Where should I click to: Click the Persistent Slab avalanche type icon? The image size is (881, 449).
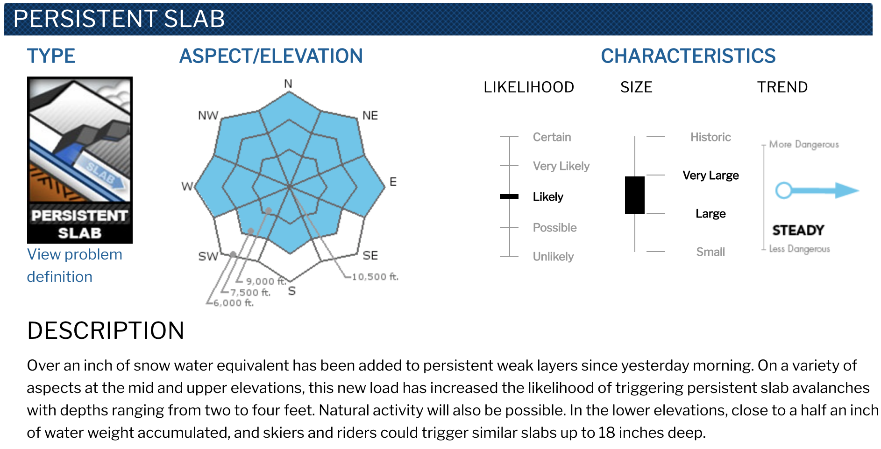tap(80, 160)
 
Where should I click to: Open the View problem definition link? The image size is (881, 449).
tap(75, 265)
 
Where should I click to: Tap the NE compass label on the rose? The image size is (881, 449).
tap(370, 115)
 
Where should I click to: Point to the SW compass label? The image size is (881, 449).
tap(208, 256)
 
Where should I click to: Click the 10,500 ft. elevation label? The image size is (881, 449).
tap(375, 277)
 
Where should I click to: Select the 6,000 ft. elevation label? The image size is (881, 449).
tap(234, 303)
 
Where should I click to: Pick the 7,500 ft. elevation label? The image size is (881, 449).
tap(250, 292)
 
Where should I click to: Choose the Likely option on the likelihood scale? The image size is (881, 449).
tap(548, 197)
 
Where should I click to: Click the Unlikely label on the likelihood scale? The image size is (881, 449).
tap(553, 257)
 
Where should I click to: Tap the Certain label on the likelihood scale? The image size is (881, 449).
tap(552, 137)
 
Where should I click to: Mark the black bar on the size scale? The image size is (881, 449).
tap(635, 195)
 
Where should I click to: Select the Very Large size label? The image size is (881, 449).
tap(710, 175)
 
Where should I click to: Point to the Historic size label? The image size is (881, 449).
tap(710, 137)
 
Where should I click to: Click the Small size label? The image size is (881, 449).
tap(710, 252)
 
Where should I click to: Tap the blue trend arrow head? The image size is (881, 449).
tap(846, 190)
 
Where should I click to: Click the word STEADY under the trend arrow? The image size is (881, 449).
tap(798, 230)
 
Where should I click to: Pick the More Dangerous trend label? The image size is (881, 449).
tap(804, 144)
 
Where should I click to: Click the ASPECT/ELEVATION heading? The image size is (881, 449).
tap(271, 56)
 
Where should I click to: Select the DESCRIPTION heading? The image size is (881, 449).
tap(106, 330)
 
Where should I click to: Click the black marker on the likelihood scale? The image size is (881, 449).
tap(509, 196)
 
